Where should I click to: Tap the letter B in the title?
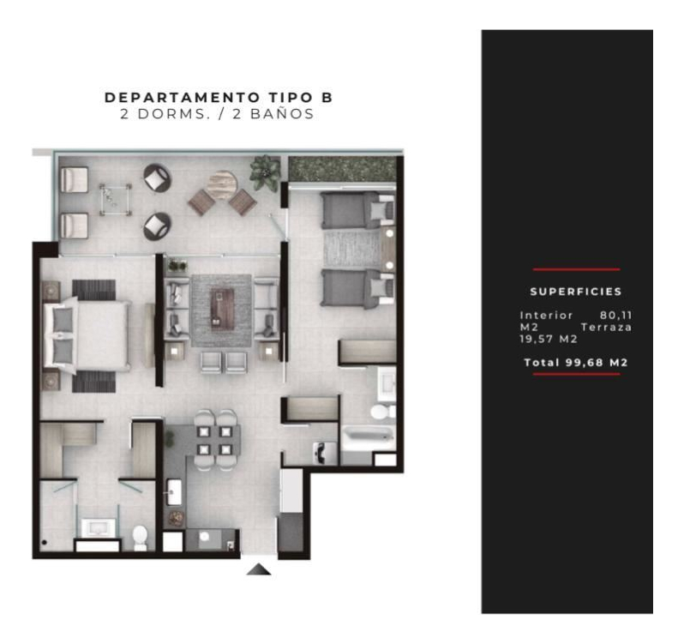(327, 97)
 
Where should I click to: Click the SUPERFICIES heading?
(576, 292)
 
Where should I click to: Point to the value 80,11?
(615, 315)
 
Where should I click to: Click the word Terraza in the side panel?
(606, 328)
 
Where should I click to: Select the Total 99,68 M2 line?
(576, 363)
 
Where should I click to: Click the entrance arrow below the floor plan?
(259, 569)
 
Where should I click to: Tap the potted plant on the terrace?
(265, 172)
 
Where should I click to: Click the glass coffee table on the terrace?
(116, 200)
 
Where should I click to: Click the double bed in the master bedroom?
(87, 334)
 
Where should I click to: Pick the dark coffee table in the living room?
(223, 310)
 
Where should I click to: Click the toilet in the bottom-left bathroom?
(140, 538)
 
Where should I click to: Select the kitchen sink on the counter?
(174, 492)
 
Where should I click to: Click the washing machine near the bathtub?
(325, 453)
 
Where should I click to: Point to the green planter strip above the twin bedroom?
(343, 169)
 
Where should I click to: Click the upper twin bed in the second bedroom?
(357, 210)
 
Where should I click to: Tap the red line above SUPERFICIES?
(576, 269)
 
